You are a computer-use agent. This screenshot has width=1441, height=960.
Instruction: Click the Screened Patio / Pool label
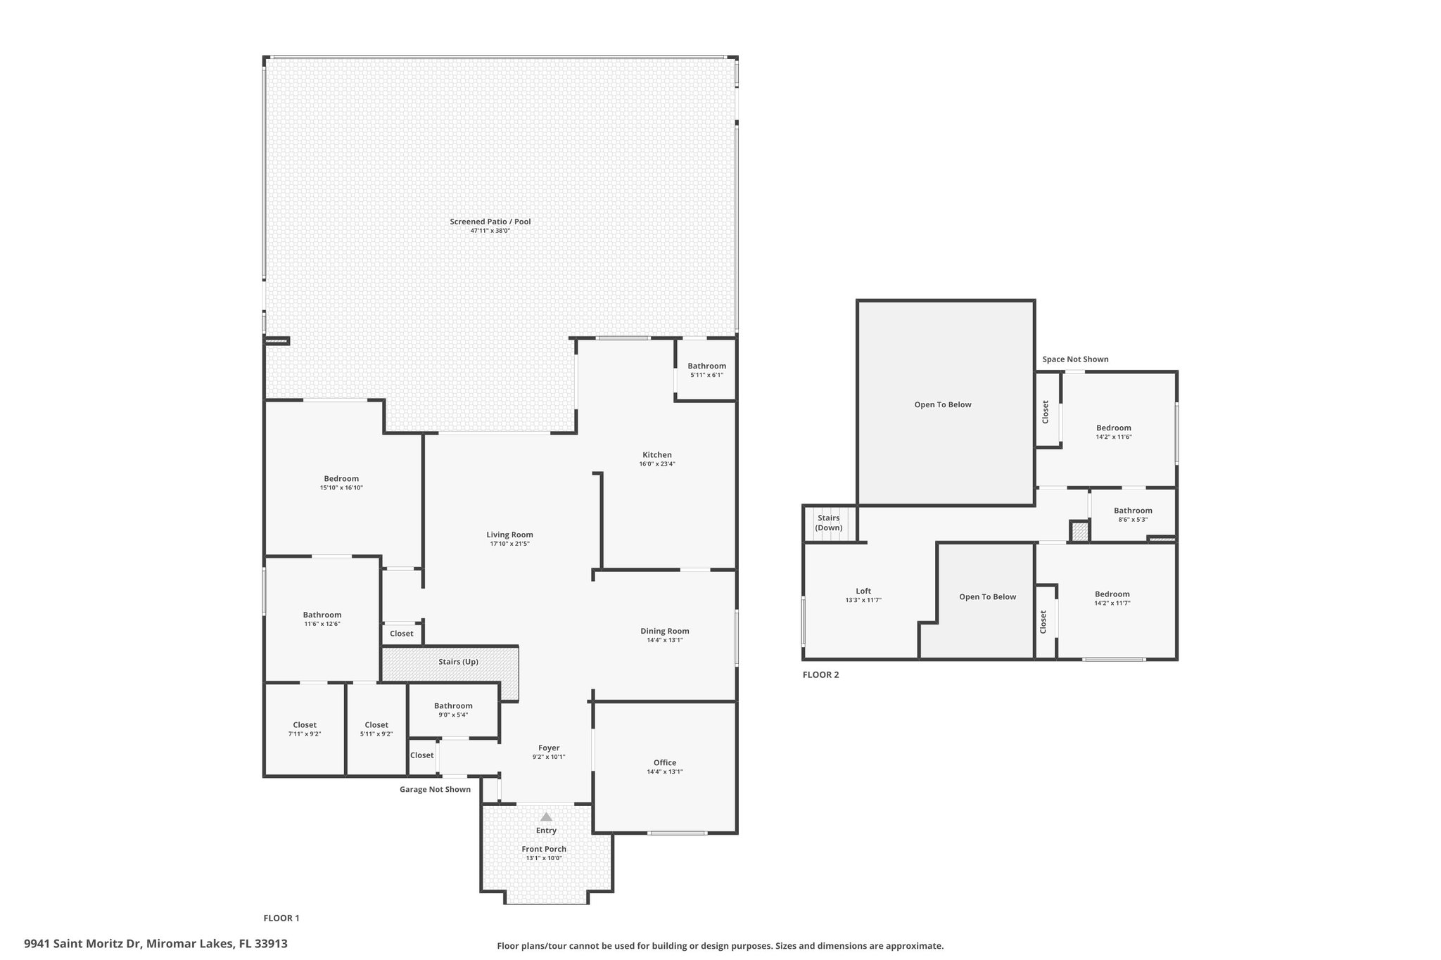[x=490, y=222]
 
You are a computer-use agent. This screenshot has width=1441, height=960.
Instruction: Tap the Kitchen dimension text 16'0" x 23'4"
[x=657, y=464]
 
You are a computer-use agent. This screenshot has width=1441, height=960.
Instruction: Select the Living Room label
[x=510, y=535]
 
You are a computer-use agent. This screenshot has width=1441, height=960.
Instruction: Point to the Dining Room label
[x=665, y=631]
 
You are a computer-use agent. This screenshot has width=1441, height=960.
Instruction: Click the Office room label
[x=665, y=762]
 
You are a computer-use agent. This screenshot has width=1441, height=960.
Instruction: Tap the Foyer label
[x=549, y=748]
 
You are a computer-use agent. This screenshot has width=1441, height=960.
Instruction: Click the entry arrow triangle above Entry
[x=546, y=817]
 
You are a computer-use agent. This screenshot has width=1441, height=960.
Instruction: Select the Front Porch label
[x=544, y=849]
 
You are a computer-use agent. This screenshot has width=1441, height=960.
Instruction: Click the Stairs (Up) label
[x=459, y=662]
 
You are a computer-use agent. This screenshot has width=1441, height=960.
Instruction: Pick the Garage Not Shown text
[x=435, y=789]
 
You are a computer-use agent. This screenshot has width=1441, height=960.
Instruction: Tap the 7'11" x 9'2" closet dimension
[x=305, y=734]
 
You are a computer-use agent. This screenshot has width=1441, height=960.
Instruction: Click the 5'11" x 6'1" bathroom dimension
[x=706, y=375]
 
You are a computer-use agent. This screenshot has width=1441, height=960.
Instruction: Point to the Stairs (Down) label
[x=829, y=523]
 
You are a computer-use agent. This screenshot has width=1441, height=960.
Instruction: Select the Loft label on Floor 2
[x=863, y=591]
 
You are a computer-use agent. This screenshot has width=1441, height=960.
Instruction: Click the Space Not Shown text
[x=1075, y=359]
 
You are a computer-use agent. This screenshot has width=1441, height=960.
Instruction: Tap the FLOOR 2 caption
[x=821, y=674]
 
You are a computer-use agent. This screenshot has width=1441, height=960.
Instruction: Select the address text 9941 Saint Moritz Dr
[x=83, y=944]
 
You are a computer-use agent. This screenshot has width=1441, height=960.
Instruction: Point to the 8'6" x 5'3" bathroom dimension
[x=1133, y=520]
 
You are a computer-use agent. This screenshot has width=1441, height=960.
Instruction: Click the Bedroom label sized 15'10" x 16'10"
[x=341, y=479]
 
